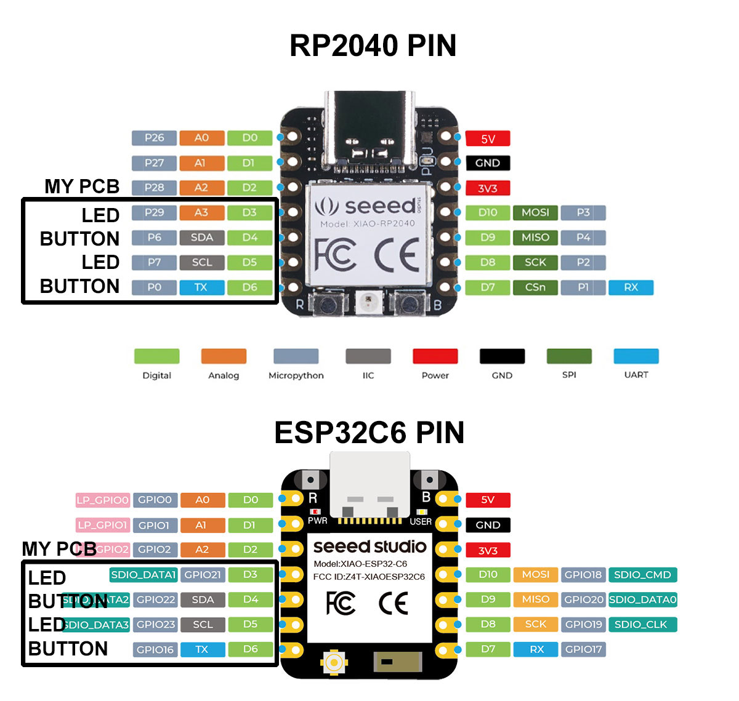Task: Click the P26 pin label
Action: click(x=154, y=138)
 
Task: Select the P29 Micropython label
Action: click(x=154, y=212)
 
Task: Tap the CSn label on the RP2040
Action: click(x=535, y=287)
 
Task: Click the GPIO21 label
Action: click(x=203, y=575)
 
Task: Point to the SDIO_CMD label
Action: click(x=642, y=575)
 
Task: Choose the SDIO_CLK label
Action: click(x=642, y=624)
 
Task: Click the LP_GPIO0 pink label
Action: click(x=102, y=500)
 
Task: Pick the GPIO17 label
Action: click(x=583, y=649)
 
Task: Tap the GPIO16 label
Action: click(x=155, y=649)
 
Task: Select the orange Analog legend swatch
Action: click(x=224, y=356)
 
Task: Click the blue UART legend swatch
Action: click(x=636, y=356)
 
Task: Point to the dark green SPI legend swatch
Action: click(x=569, y=356)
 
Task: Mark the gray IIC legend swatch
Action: click(x=368, y=356)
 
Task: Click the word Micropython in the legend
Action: click(x=296, y=375)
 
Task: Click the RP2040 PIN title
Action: click(x=373, y=46)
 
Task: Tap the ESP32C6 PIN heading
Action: click(x=369, y=433)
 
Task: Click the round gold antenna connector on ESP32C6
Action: click(x=334, y=662)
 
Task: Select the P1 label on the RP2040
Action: click(x=583, y=287)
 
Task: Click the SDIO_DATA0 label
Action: click(x=642, y=599)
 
